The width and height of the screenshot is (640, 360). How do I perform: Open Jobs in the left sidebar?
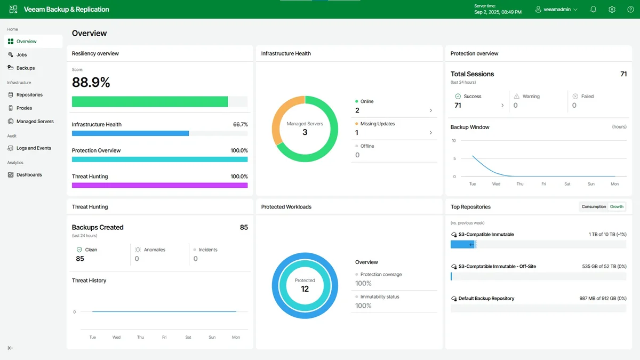(21, 55)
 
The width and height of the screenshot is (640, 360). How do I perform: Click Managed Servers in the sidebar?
(35, 122)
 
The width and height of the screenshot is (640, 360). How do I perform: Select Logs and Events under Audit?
(33, 148)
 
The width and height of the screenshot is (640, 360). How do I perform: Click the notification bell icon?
(593, 10)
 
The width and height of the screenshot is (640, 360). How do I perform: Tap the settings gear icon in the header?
(612, 10)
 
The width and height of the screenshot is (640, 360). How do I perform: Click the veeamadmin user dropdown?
(556, 10)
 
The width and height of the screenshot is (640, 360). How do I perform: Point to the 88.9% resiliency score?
(91, 82)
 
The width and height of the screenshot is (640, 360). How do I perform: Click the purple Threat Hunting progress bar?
(159, 185)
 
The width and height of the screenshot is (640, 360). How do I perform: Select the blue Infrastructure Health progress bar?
(130, 133)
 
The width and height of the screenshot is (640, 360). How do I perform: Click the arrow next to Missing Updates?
(431, 133)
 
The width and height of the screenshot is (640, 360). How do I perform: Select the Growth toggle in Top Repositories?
(617, 206)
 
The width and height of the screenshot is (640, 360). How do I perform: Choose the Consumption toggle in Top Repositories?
(594, 206)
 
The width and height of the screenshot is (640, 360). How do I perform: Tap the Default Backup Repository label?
(486, 299)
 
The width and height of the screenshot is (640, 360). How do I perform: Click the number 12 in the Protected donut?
(305, 289)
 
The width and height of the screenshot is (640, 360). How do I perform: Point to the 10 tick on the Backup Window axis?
(454, 141)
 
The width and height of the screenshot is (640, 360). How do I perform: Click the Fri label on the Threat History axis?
(164, 337)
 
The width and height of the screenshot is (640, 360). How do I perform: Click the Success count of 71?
(458, 106)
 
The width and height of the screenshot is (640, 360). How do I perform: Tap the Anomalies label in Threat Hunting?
(154, 250)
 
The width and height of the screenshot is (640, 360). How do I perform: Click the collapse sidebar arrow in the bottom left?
(11, 348)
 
